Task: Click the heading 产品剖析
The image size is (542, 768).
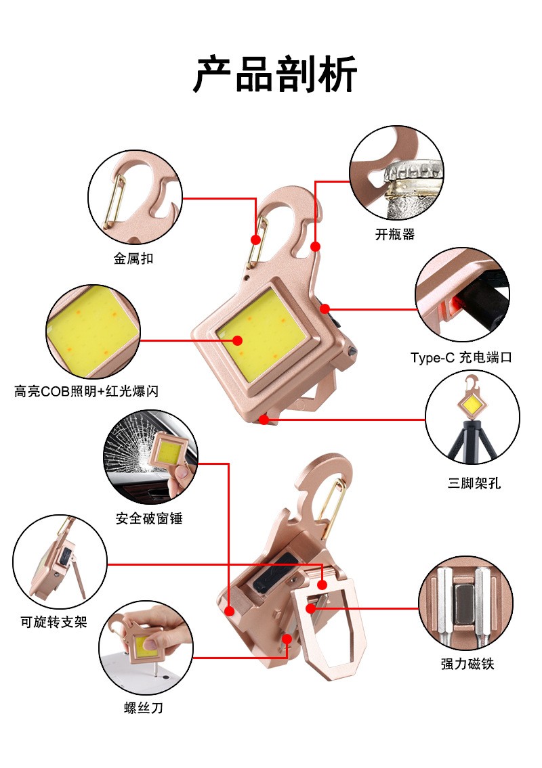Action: [274, 74]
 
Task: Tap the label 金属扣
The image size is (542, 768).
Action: [133, 258]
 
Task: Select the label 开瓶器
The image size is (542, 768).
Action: [394, 235]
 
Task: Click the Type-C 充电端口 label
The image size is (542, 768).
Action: [461, 357]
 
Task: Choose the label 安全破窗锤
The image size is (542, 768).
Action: [149, 518]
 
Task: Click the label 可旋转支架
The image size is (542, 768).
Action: [54, 621]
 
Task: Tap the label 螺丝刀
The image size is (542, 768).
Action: [143, 708]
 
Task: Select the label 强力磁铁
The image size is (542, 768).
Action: [467, 664]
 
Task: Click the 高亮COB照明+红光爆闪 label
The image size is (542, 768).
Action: [87, 390]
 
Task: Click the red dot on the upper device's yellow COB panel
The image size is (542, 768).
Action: [238, 340]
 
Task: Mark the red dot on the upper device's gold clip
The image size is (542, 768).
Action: [255, 240]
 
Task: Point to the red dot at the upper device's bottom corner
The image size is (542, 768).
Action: [264, 420]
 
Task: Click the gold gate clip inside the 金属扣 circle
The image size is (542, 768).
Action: [114, 200]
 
